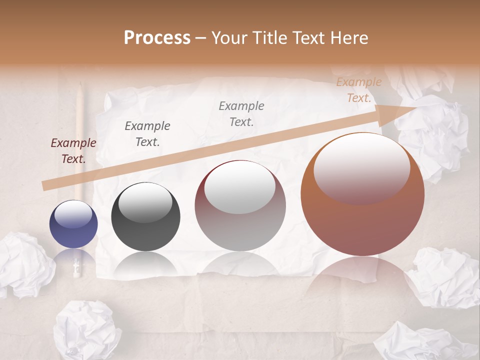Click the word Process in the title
coord(157,38)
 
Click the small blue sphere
coord(73,224)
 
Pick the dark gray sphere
coord(145,216)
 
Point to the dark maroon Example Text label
coord(73,151)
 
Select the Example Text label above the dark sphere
coord(147,133)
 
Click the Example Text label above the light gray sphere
coord(241,113)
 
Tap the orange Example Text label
coord(359,90)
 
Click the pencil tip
coord(80,86)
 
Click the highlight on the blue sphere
coord(73,214)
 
